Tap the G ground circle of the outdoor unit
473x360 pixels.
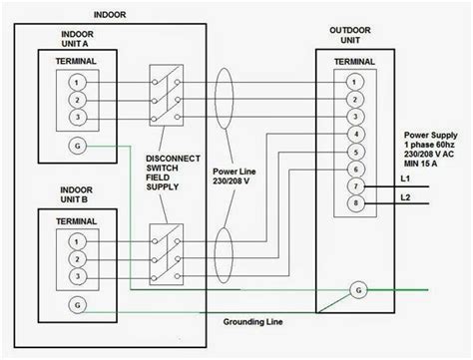pyautogui.click(x=357, y=290)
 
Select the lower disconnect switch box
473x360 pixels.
pyautogui.click(x=164, y=243)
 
